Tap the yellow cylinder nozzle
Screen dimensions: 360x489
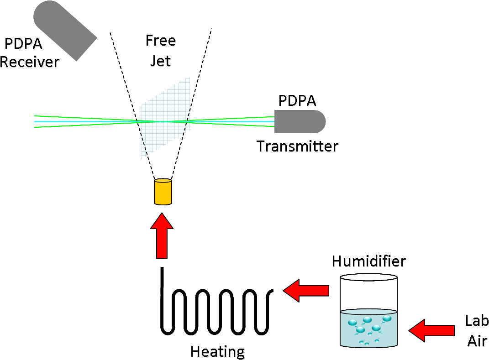pyautogui.click(x=163, y=192)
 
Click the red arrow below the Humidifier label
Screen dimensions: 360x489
pyautogui.click(x=306, y=291)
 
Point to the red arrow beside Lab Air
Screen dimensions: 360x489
pyautogui.click(x=431, y=330)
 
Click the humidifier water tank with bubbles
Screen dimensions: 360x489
pyautogui.click(x=369, y=328)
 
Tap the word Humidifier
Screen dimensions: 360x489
pyautogui.click(x=369, y=261)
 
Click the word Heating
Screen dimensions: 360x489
pyautogui.click(x=218, y=352)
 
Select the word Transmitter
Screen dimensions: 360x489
pyautogui.click(x=298, y=146)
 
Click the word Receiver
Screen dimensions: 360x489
pyautogui.click(x=30, y=62)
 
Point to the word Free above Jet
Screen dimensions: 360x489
pyautogui.click(x=161, y=41)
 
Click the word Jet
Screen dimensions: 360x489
pyautogui.click(x=161, y=61)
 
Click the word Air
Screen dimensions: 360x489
pyautogui.click(x=478, y=341)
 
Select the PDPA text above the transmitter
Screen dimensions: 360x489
pyautogui.click(x=298, y=101)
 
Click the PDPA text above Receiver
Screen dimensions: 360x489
pyautogui.click(x=24, y=44)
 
